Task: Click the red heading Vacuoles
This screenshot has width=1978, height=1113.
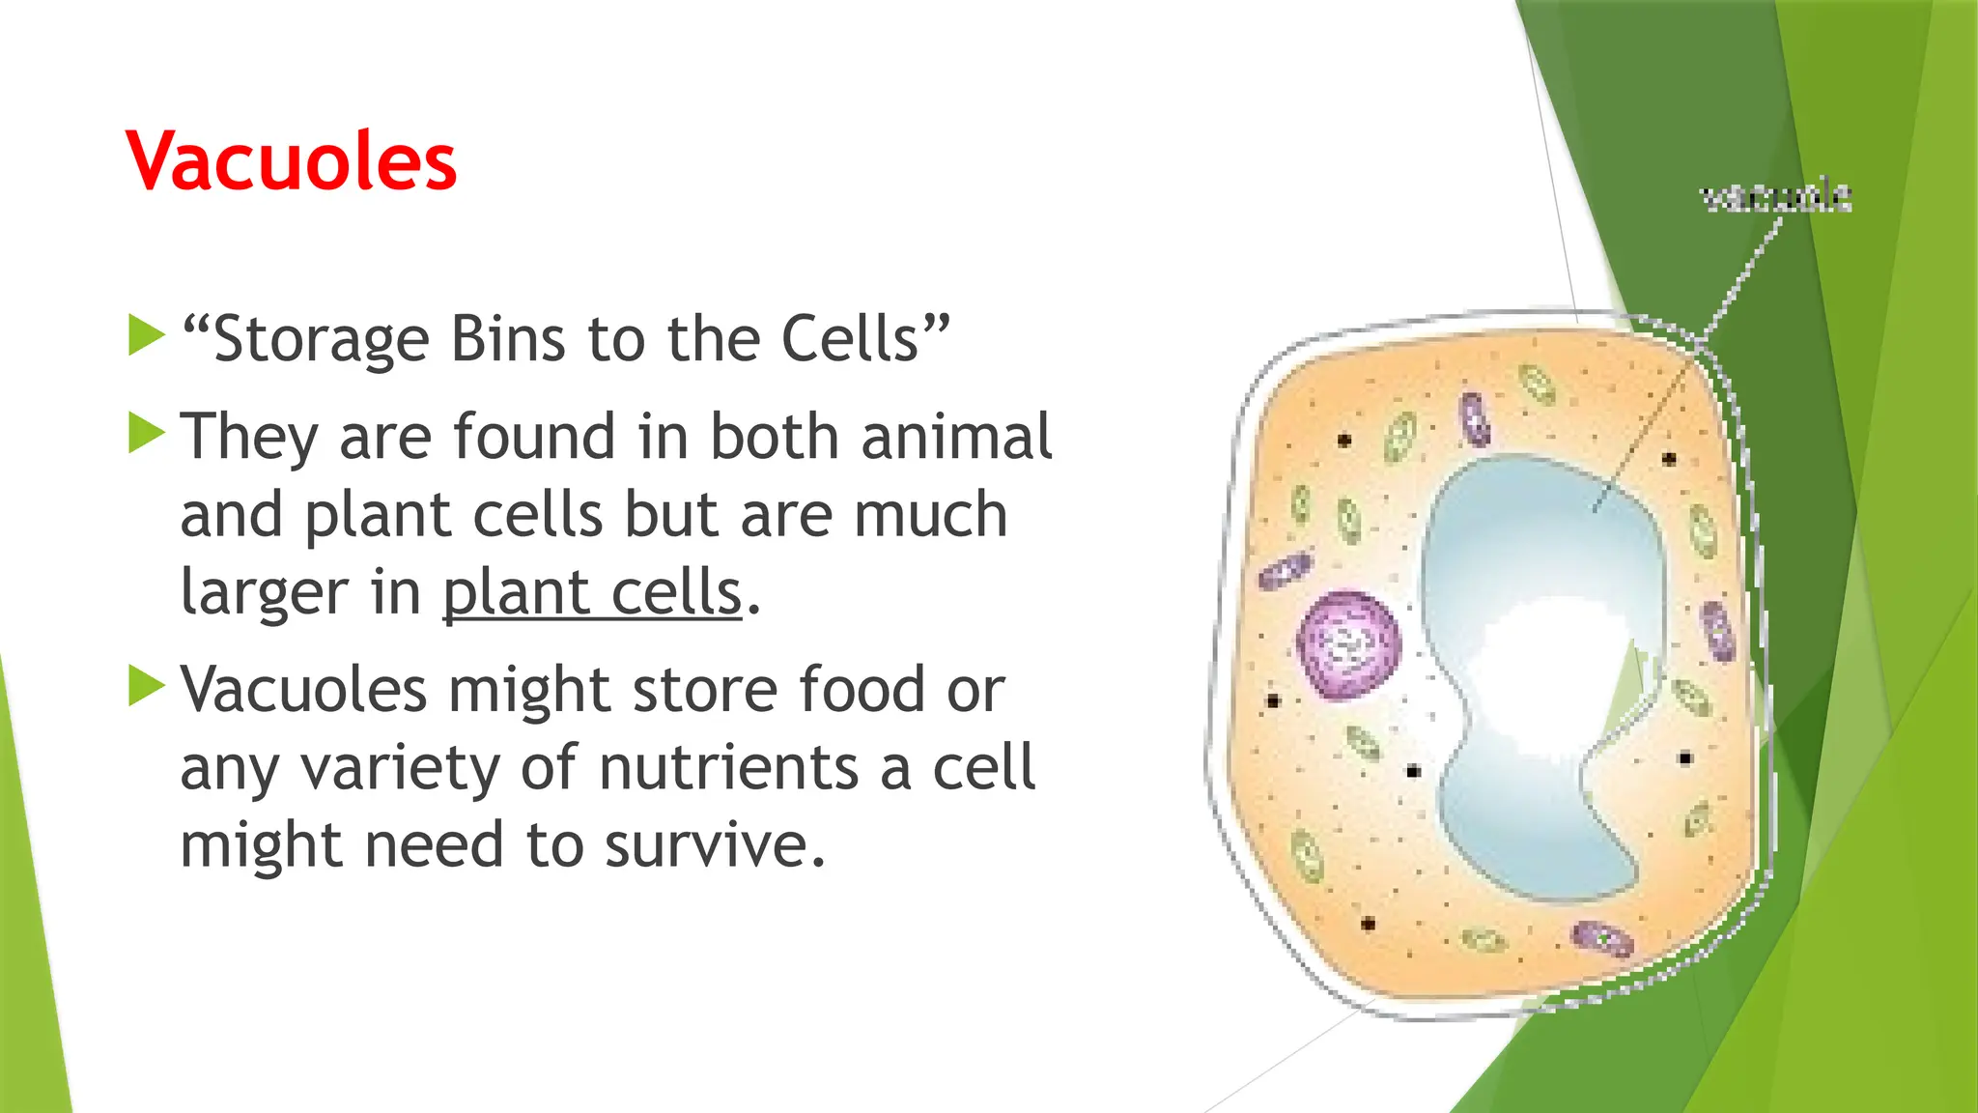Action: pyautogui.click(x=291, y=161)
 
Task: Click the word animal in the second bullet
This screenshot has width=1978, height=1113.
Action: pyautogui.click(x=955, y=437)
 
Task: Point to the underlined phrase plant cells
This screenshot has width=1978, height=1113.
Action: pyautogui.click(x=592, y=592)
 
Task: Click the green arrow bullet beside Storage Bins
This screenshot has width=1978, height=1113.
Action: pyautogui.click(x=146, y=335)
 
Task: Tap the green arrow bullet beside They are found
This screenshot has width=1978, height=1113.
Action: pyautogui.click(x=146, y=433)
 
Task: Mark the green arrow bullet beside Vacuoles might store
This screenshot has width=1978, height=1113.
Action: pyautogui.click(x=146, y=686)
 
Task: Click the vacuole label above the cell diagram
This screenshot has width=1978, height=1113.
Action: pyautogui.click(x=1775, y=197)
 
